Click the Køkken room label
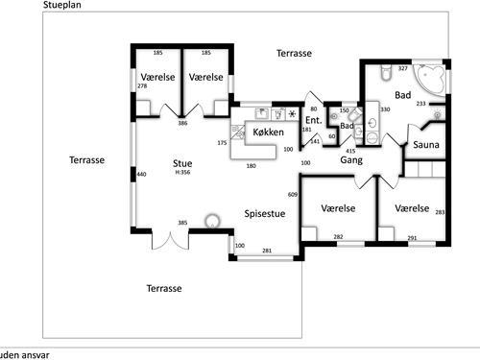(x=268, y=132)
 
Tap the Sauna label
(x=426, y=145)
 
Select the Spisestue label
(x=265, y=214)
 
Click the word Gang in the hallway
(x=351, y=160)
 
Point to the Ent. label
(x=314, y=120)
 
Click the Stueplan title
(x=62, y=5)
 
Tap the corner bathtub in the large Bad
(x=430, y=80)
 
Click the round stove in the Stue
(x=212, y=221)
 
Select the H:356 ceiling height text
(x=182, y=172)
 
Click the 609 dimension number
(x=293, y=194)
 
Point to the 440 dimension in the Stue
(x=141, y=174)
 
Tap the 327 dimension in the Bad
(x=403, y=68)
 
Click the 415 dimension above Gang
(x=350, y=151)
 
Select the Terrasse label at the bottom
(x=164, y=288)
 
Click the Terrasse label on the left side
(x=87, y=160)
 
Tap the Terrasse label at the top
(x=294, y=53)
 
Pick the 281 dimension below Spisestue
(x=267, y=251)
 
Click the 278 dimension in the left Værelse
(x=142, y=85)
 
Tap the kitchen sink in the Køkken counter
(x=262, y=113)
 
